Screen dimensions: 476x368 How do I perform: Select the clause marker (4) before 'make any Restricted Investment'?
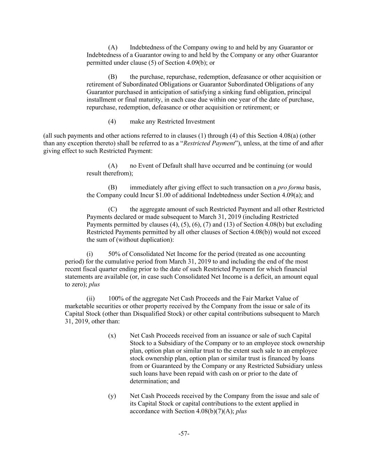[112, 122]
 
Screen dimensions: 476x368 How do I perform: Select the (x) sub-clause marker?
[112, 336]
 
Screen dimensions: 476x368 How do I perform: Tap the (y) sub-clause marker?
[112, 396]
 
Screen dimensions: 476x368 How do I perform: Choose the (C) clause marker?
[112, 210]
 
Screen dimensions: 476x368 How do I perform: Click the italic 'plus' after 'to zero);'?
[94, 285]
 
